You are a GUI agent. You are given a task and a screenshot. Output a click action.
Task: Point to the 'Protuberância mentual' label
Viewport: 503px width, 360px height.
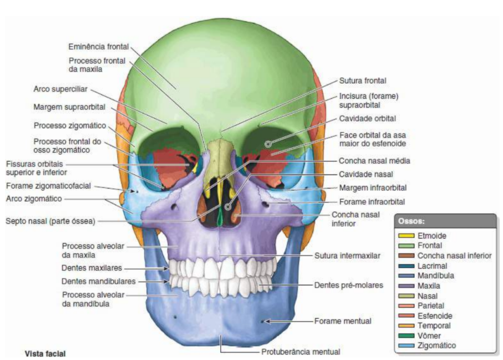tap(300, 351)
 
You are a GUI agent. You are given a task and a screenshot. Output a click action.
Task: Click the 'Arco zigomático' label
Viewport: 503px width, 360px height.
tap(35, 199)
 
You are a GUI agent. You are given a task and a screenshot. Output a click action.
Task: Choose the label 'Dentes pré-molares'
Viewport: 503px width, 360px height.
tap(347, 285)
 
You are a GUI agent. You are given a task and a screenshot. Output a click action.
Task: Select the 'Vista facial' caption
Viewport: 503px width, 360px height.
tap(45, 353)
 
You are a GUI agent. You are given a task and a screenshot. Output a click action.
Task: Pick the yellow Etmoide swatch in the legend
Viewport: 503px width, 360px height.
tap(406, 235)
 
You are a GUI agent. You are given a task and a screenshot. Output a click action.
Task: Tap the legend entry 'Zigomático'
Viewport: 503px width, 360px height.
tap(436, 345)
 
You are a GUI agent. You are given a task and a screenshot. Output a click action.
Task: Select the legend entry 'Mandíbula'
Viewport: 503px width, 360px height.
tap(435, 276)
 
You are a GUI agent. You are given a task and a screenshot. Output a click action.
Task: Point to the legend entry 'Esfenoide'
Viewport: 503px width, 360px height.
tap(434, 316)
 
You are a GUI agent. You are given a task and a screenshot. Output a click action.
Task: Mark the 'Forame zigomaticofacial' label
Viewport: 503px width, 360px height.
tap(48, 186)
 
